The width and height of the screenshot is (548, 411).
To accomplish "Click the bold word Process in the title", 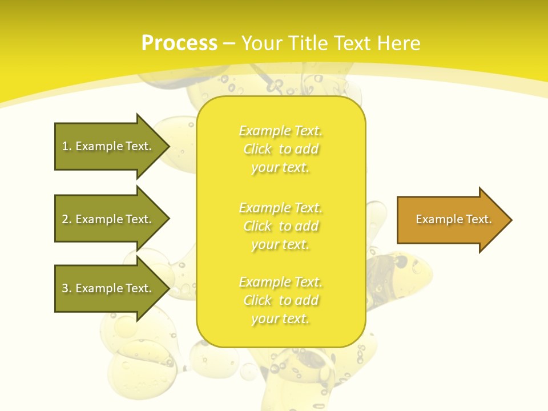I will click(x=179, y=43).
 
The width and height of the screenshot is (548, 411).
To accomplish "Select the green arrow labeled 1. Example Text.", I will click(x=108, y=146).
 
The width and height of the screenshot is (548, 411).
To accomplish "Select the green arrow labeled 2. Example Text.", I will click(x=108, y=219).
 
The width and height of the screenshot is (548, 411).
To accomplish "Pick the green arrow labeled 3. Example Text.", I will click(x=108, y=288).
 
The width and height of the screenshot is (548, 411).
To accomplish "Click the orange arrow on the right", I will click(x=451, y=220).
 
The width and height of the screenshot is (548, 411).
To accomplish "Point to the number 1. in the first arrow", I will click(x=67, y=146).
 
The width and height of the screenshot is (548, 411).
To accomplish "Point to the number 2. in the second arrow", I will click(x=67, y=219).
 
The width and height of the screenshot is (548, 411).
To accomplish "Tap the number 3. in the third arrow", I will click(x=67, y=288).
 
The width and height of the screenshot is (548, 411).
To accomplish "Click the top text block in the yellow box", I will click(x=280, y=149).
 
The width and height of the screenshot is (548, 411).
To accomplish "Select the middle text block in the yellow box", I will click(x=280, y=226).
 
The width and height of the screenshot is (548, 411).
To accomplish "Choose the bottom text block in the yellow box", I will click(x=280, y=300).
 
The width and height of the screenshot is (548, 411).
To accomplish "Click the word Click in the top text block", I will click(x=257, y=149).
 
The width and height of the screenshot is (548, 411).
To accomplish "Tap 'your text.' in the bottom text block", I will click(x=280, y=319).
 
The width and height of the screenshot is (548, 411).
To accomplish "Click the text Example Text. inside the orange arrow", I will click(x=453, y=219).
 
